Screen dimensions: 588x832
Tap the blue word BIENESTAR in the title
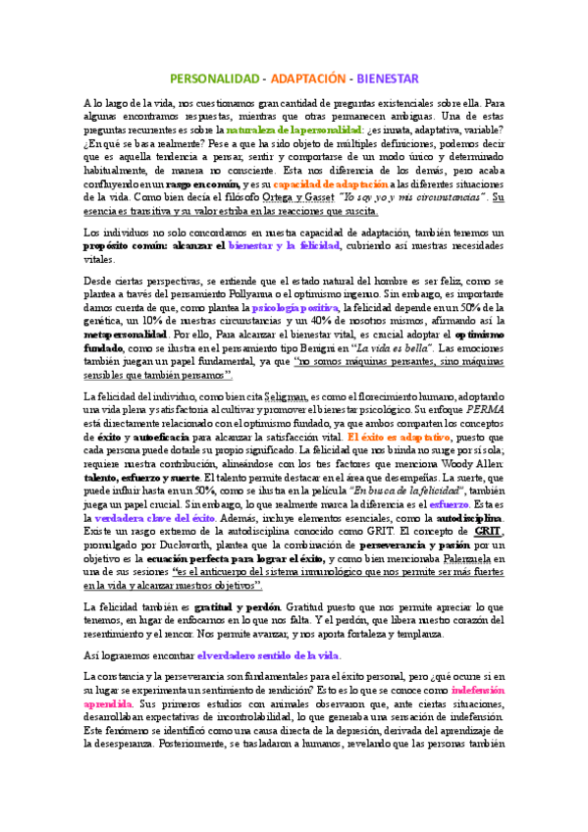pos(387,78)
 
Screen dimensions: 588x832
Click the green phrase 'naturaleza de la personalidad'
pos(322,129)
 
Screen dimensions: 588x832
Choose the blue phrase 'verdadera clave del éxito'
pos(159,513)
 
